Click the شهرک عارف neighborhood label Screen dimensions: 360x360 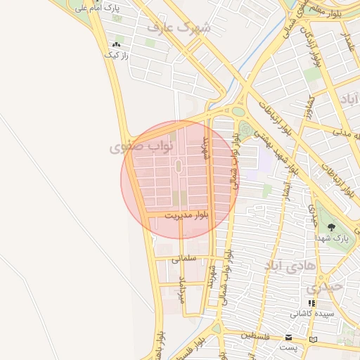click(179, 27)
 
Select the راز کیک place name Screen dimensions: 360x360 click(115, 55)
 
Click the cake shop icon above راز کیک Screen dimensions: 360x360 click(116, 44)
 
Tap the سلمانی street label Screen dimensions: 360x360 click(181, 259)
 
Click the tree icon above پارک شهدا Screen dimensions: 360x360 click(331, 226)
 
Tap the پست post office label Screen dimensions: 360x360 click(288, 347)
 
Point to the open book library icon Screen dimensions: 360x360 click(313, 339)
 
